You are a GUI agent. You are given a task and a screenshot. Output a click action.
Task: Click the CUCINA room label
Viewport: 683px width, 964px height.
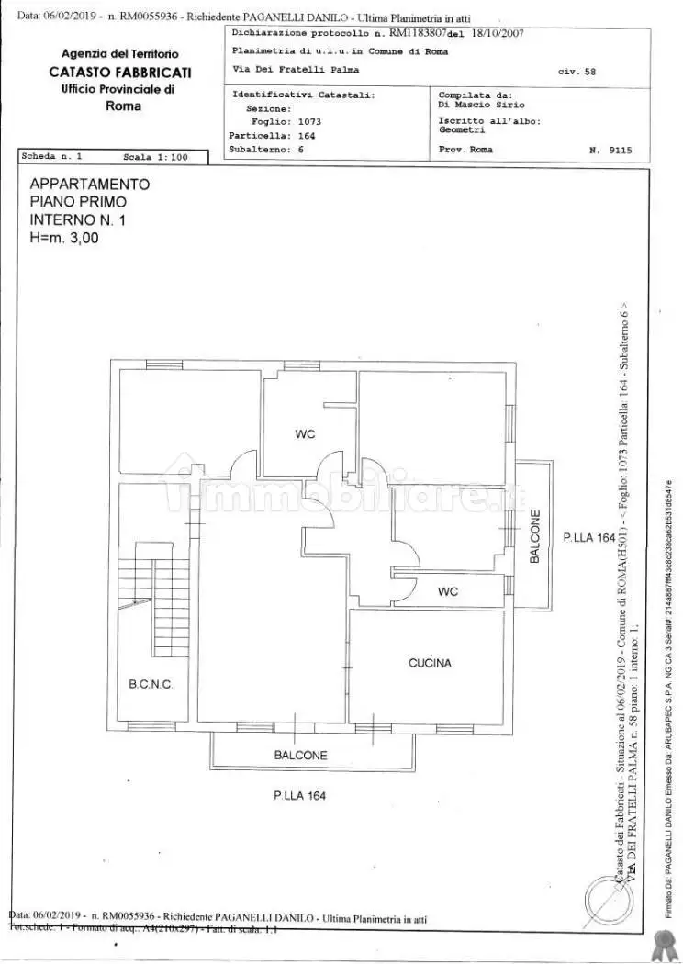430,662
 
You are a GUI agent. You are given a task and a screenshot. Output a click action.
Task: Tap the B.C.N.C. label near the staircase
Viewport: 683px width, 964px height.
151,685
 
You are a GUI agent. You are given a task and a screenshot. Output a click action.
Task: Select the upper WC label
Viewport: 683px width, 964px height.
305,434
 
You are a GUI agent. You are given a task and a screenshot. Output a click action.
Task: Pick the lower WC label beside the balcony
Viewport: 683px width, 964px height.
448,591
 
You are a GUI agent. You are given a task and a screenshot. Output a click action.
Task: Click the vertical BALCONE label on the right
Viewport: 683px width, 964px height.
535,536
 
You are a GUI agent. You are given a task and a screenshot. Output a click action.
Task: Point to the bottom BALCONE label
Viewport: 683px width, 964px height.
300,756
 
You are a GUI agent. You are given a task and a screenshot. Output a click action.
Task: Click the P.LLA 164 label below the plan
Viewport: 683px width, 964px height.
298,796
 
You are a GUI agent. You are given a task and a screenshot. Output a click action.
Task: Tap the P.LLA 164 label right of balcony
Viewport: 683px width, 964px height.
588,538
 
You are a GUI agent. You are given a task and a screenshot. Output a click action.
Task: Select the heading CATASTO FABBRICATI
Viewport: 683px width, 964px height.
120,72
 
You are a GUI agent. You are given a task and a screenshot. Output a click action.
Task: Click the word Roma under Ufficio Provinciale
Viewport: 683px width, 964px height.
123,106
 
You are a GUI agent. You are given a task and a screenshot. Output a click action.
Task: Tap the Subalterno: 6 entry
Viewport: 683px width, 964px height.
267,149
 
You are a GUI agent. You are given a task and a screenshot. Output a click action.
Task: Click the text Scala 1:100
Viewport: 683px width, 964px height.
155,157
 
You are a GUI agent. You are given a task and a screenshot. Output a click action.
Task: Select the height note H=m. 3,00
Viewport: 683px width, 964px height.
64,237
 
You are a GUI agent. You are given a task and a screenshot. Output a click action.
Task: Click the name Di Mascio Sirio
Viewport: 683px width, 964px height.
481,105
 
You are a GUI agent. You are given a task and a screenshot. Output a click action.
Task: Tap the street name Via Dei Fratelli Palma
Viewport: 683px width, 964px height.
295,69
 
